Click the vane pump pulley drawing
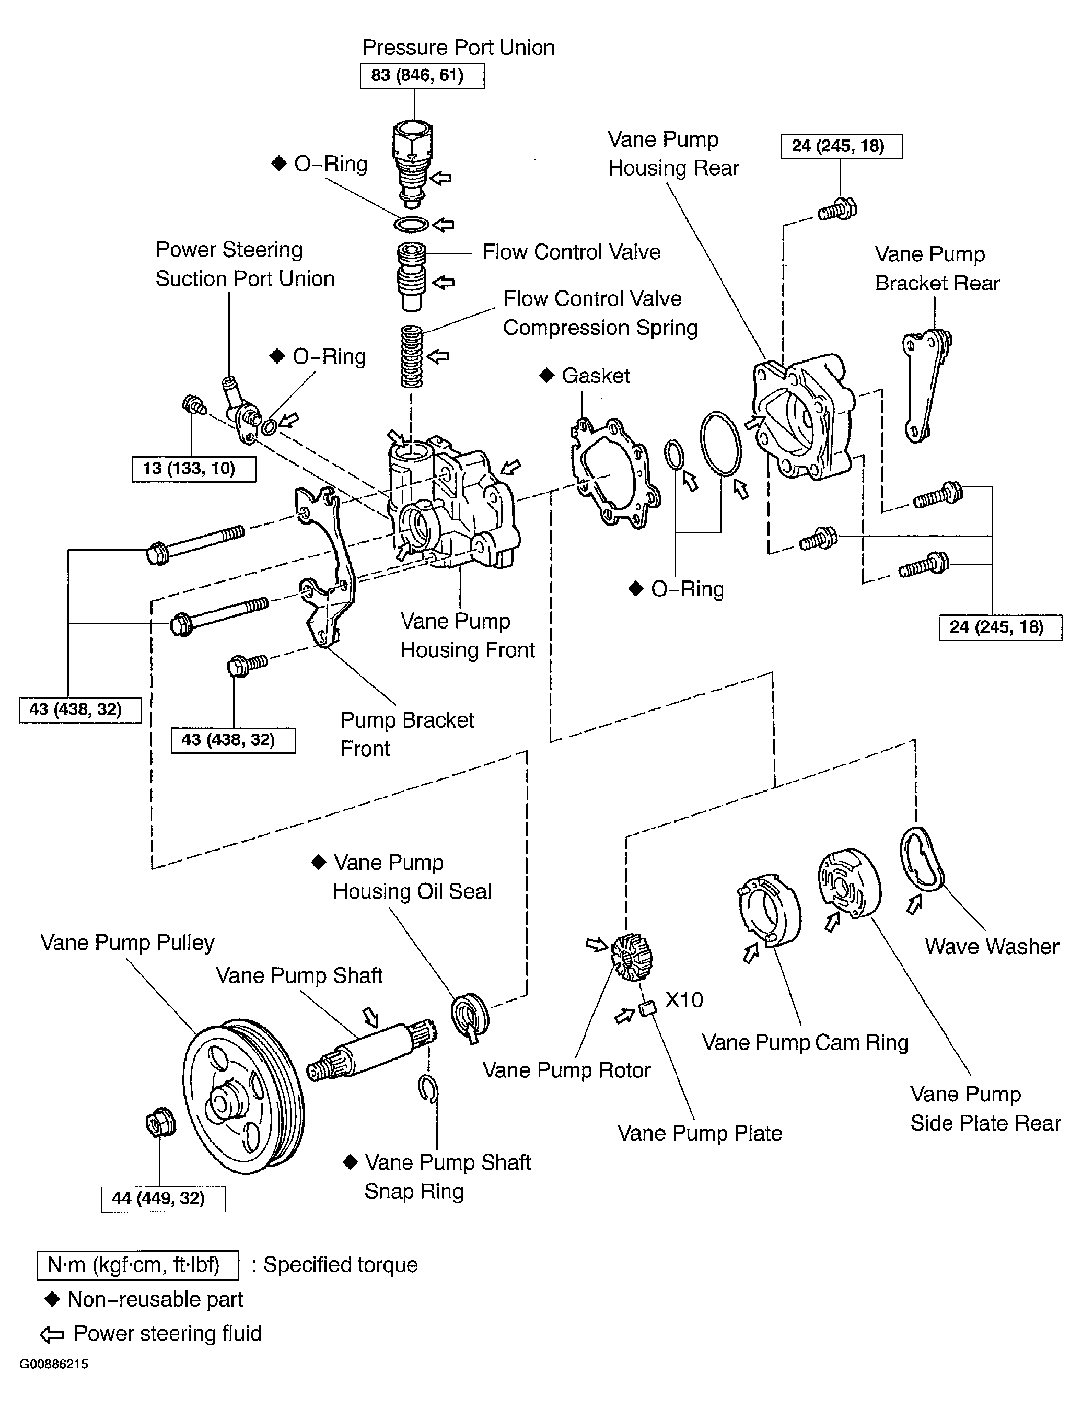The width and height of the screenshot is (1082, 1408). tap(243, 1096)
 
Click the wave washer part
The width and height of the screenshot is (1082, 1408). tap(922, 860)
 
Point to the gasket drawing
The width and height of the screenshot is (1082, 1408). tap(615, 472)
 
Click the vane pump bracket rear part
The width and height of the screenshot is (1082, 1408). tap(927, 385)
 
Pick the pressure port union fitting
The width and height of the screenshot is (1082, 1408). tap(412, 163)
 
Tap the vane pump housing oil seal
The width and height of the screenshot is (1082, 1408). tap(470, 1016)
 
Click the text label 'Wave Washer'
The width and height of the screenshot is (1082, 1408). tap(992, 946)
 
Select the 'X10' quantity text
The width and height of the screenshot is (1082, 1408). tap(684, 999)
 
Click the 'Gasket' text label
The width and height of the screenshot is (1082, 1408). tap(596, 376)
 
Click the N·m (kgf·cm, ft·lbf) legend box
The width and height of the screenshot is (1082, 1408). tap(138, 1264)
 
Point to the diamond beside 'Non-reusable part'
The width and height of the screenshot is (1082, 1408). tap(52, 1298)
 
